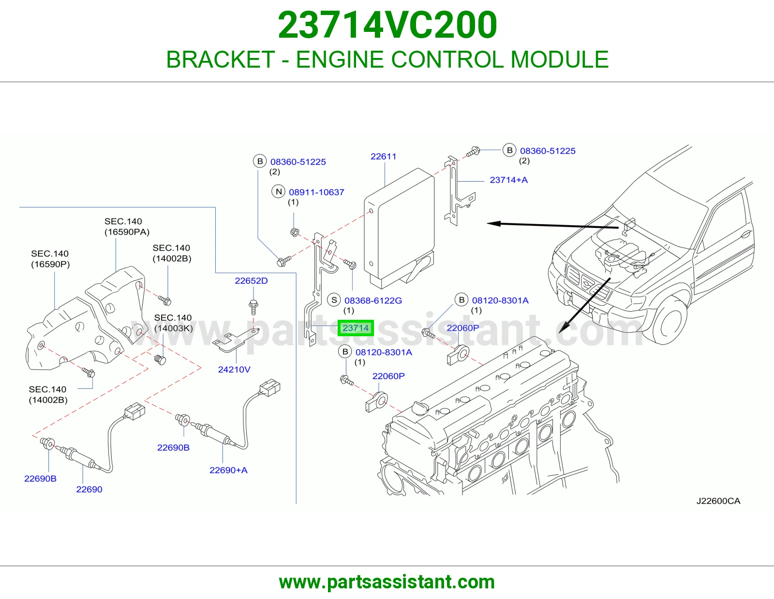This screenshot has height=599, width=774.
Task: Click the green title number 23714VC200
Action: pos(387,25)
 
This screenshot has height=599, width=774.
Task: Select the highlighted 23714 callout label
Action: pos(356,328)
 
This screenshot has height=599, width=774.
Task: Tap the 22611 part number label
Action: pos(383,157)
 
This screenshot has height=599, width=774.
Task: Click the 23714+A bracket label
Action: pos(508,180)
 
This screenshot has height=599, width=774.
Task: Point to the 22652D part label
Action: pos(251,281)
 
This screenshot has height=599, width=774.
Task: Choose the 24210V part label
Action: pos(234,370)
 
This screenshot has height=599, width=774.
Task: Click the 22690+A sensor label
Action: pos(228,470)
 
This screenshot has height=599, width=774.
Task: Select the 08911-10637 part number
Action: pos(317,192)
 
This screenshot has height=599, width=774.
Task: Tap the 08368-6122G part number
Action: pos(373,300)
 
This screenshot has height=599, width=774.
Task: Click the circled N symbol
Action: pos(279,192)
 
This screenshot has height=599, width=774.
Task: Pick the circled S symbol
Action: pos(334,300)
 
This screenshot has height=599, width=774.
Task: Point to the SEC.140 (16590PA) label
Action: pos(127,227)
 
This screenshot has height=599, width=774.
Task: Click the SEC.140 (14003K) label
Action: pos(173,323)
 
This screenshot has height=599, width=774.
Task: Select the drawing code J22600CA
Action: pos(718,501)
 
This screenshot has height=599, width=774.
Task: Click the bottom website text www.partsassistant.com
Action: pos(387,582)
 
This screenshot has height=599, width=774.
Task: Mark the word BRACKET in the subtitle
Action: pos(221,59)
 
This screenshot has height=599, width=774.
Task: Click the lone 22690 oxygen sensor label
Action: pos(89,489)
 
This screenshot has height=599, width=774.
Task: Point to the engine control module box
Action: pos(399,228)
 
